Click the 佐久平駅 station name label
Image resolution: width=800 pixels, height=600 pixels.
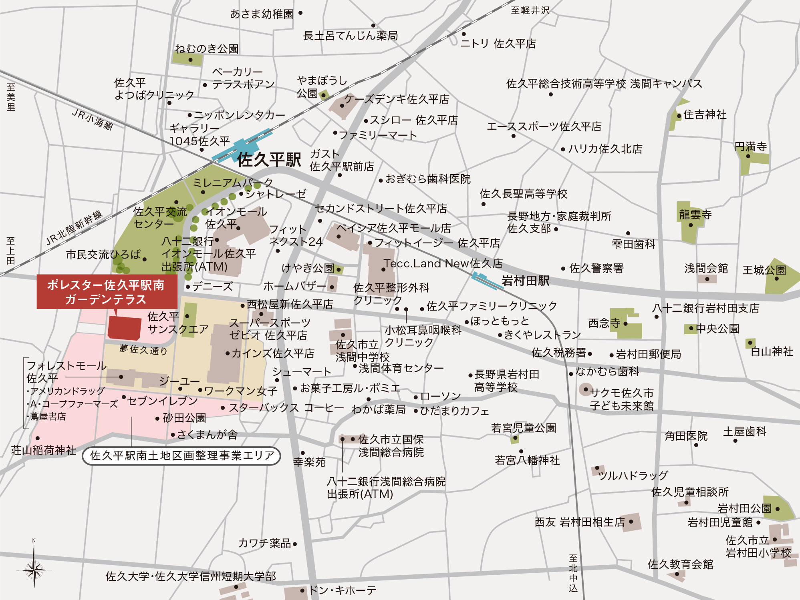pos(269,160)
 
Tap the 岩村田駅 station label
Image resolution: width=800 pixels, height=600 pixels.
pos(525,281)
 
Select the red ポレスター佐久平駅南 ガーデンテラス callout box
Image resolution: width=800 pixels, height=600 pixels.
pos(107,292)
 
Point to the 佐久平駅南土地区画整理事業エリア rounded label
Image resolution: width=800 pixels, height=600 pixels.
pos(181,456)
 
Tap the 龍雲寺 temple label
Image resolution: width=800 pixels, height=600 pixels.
pos(695,215)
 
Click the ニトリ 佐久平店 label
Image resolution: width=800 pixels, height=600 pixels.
pos(498,44)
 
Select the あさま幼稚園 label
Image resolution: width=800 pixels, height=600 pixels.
pos(262,14)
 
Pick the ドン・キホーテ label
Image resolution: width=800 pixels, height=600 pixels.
pos(343,590)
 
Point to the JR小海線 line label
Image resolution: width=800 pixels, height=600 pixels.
pos(93,119)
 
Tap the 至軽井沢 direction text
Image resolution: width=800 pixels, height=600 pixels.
pos(530,10)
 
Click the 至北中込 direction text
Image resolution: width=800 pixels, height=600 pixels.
pos(573,573)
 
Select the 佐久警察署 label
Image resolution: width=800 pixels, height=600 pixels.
pos(596,268)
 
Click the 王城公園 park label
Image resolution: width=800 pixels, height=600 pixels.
pos(764,270)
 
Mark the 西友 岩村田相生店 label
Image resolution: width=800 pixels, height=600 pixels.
pos(579,522)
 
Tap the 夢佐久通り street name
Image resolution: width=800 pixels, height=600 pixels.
pos(143,350)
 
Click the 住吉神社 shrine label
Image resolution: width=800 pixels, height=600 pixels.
pos(705,115)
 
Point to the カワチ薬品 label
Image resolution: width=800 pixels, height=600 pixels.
pos(264,543)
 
